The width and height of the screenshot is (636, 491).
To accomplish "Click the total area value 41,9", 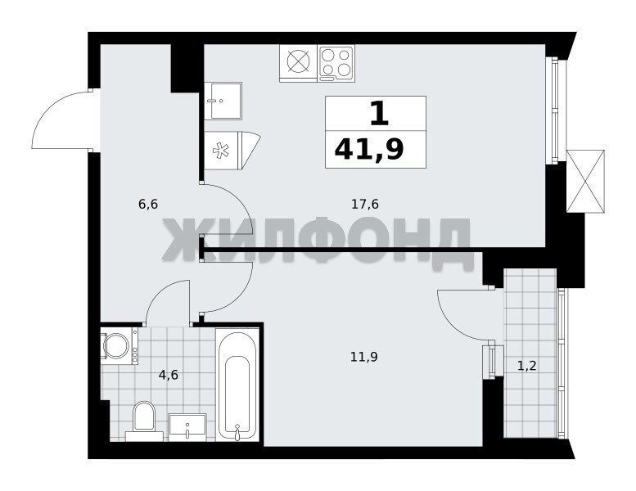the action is (368, 149).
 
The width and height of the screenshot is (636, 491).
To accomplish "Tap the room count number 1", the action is (379, 113).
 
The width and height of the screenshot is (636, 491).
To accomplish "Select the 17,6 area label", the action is (365, 204).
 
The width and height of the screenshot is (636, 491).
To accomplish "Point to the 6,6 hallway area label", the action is (148, 204).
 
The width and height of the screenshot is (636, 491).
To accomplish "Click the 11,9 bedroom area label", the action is (364, 357).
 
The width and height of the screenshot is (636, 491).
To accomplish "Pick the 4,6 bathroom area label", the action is (169, 375).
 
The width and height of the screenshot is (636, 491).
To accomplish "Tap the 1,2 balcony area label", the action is (527, 366).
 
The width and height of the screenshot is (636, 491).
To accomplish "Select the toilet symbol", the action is (144, 421).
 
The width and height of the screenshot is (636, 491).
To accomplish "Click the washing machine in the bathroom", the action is (120, 346).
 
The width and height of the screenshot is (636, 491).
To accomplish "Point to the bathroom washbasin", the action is (187, 427).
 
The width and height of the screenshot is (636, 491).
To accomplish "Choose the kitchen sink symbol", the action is (223, 101).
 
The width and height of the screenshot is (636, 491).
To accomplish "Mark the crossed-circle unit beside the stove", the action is (298, 63).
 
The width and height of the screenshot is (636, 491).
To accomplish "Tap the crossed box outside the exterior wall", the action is (585, 181).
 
